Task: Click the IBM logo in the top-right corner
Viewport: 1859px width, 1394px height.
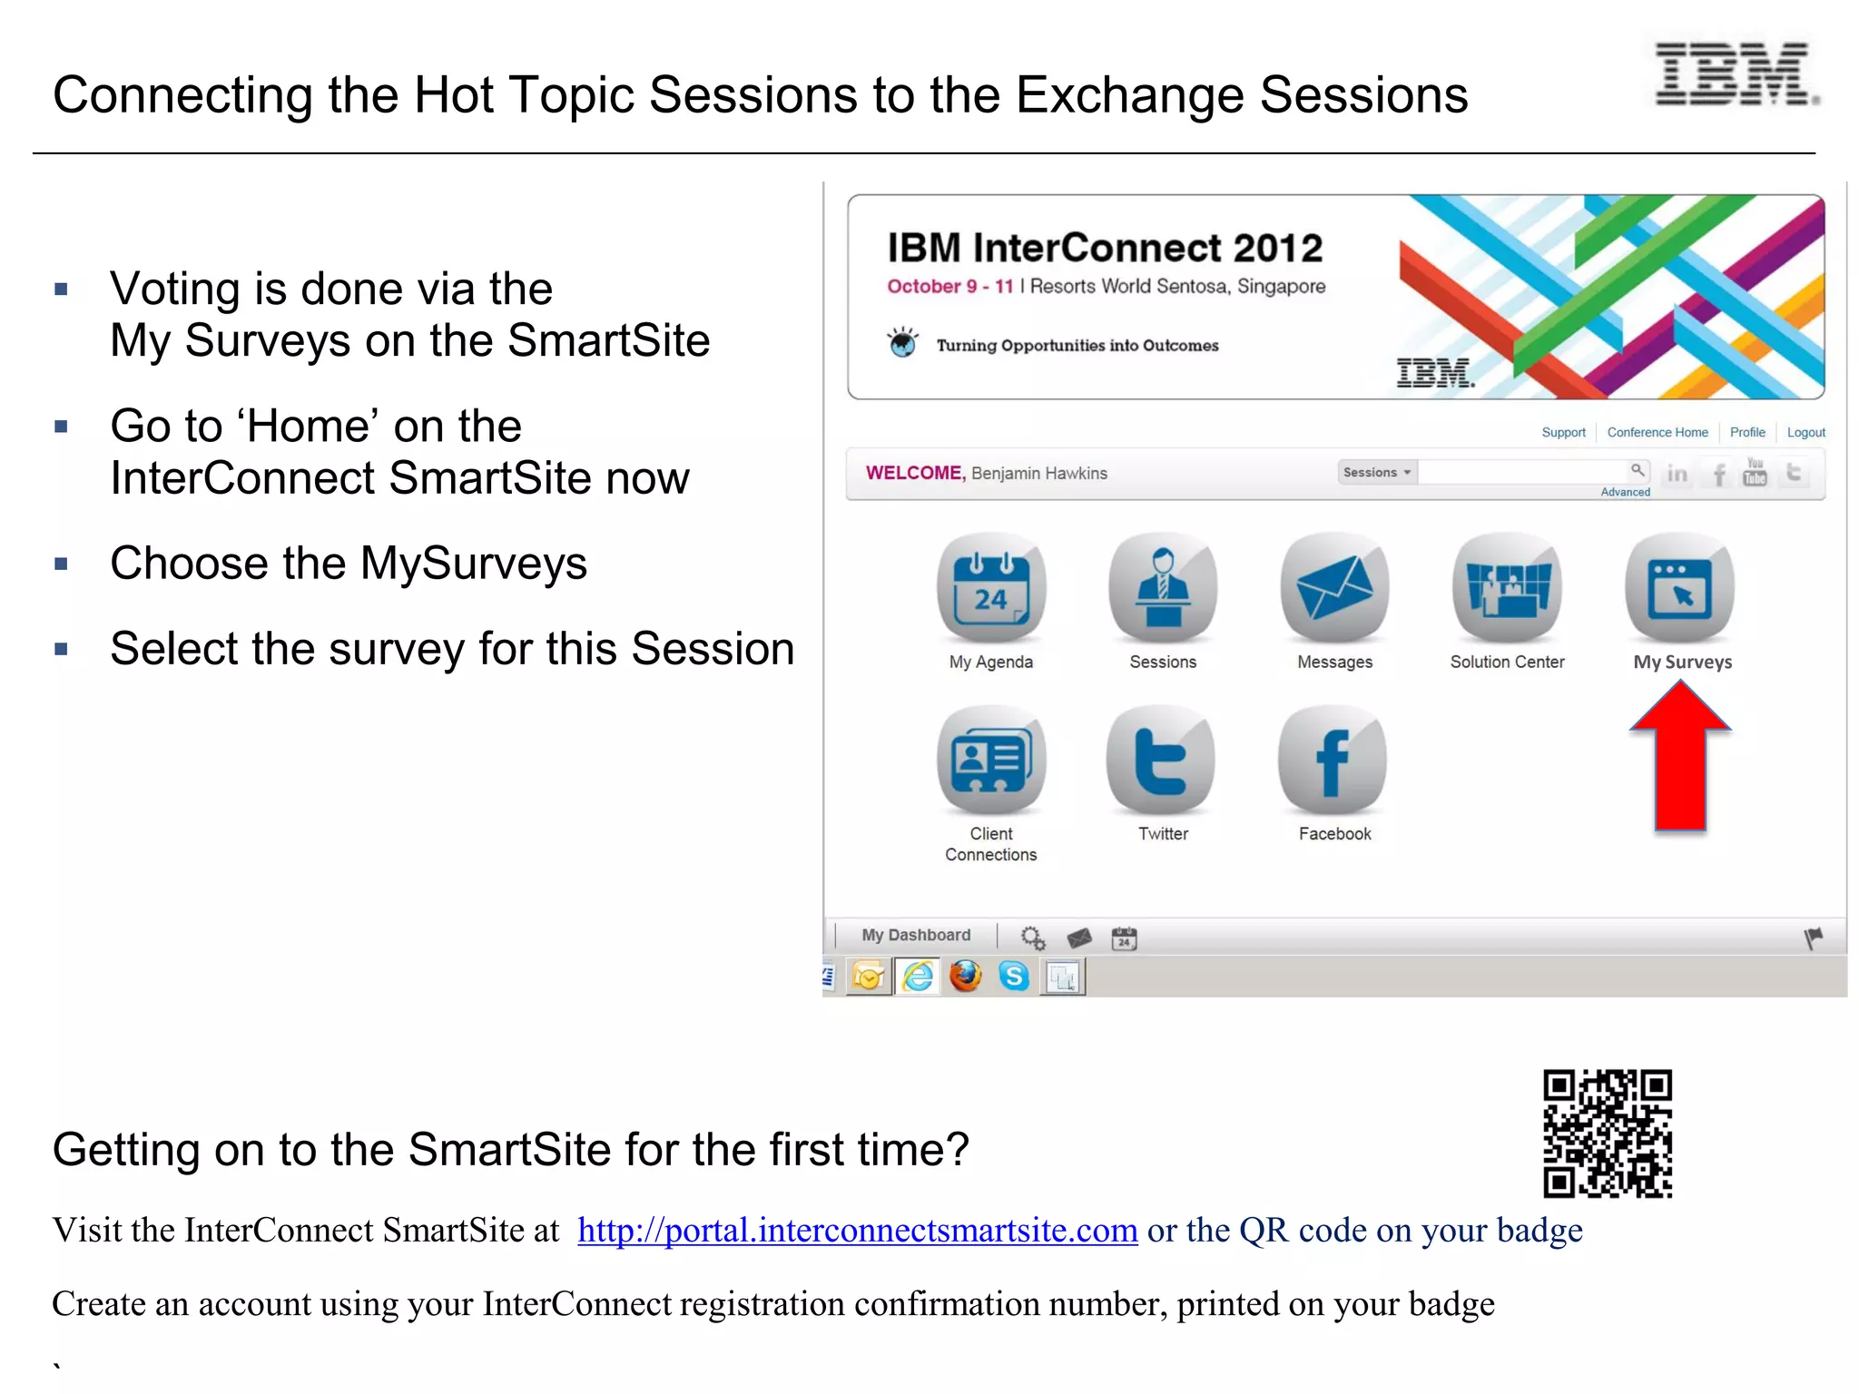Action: (1736, 74)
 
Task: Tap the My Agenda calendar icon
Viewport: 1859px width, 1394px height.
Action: (991, 588)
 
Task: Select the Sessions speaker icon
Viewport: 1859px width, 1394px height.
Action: (1163, 588)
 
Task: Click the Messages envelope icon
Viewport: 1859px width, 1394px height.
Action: (1334, 588)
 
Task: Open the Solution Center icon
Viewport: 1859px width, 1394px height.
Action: (1507, 588)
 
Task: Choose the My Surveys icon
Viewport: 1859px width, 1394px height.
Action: (1680, 588)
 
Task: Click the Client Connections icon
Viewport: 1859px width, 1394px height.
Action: (991, 761)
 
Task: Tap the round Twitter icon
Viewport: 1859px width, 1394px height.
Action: (1161, 761)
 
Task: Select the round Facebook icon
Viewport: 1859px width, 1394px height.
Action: (1333, 761)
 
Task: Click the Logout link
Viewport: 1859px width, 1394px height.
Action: (1805, 433)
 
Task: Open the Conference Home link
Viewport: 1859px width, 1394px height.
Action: (1657, 433)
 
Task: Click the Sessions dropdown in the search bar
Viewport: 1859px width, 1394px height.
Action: (1376, 473)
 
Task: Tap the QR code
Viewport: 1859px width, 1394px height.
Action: (1608, 1134)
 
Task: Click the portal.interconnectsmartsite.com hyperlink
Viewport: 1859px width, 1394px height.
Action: (857, 1231)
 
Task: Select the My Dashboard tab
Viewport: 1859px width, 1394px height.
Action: (916, 936)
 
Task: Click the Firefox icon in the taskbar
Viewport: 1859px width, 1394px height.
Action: (966, 977)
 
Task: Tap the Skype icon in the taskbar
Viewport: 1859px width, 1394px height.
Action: (1014, 977)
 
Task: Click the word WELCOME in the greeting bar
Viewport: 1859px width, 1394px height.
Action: (913, 473)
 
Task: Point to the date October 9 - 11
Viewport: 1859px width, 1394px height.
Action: (949, 287)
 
